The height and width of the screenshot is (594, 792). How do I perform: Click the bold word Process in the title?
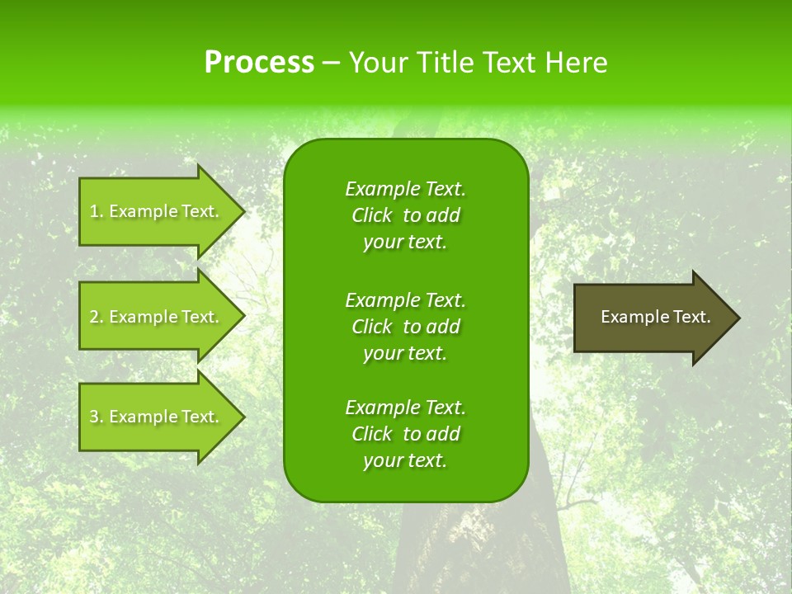(x=259, y=63)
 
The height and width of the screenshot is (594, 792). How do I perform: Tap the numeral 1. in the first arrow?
(x=96, y=211)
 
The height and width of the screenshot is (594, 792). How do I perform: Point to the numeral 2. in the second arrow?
(x=96, y=317)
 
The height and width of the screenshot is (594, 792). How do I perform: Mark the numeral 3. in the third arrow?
(x=96, y=417)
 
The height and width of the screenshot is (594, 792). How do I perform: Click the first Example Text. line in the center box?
(x=405, y=189)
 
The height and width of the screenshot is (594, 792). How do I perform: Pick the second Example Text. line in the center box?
(x=405, y=299)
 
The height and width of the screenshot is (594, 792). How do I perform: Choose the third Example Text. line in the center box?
(x=405, y=408)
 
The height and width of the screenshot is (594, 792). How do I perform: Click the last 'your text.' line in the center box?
(x=405, y=461)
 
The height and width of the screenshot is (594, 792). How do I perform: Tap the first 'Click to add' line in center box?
(x=405, y=215)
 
